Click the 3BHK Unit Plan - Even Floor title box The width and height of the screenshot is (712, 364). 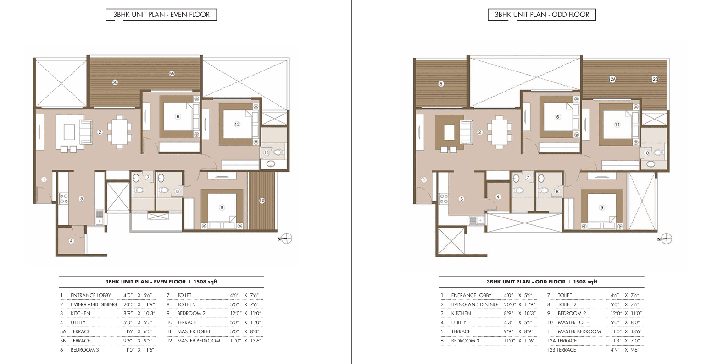click(161, 15)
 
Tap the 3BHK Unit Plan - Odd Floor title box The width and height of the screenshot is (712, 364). click(542, 15)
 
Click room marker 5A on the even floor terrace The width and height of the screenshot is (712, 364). click(172, 74)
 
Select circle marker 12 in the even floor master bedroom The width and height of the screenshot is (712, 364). click(237, 125)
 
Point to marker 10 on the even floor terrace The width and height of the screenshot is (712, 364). click(262, 201)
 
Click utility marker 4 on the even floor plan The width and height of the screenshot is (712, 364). click(71, 241)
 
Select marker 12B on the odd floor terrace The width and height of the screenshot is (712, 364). click(655, 79)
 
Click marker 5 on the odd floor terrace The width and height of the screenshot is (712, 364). click(441, 84)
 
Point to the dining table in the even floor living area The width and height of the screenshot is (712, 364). click(119, 132)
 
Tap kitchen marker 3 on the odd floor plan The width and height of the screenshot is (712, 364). click(461, 199)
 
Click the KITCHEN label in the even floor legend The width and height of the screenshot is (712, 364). click(80, 313)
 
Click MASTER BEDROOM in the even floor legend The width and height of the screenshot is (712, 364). click(199, 341)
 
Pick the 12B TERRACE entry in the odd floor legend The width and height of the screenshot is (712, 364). click(562, 350)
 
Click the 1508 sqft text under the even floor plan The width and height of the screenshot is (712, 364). click(206, 282)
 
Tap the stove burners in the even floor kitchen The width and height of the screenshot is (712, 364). click(64, 199)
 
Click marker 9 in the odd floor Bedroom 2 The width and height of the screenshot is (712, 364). click(601, 208)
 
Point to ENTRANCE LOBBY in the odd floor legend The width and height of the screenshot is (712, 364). click(472, 295)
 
